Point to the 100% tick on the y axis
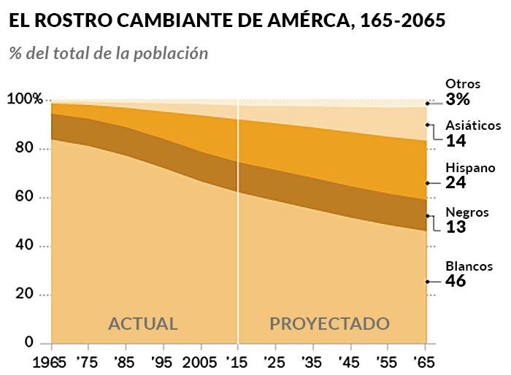(25, 99)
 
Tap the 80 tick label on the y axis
(25, 148)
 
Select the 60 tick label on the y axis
(25, 197)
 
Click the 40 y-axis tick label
(25, 246)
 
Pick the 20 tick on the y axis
(25, 294)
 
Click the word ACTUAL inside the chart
(143, 323)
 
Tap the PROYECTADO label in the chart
(330, 323)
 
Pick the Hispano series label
(470, 167)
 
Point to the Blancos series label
(469, 266)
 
